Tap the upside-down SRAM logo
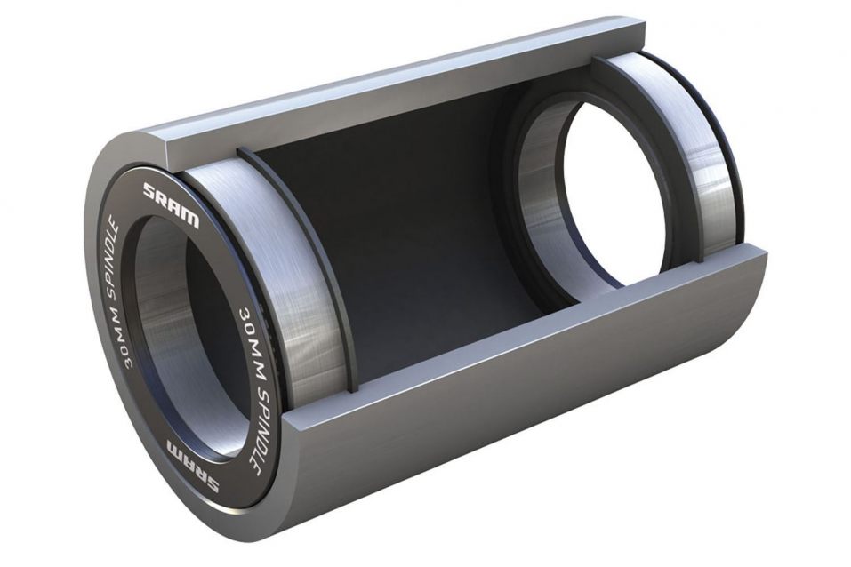coord(193,467)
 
